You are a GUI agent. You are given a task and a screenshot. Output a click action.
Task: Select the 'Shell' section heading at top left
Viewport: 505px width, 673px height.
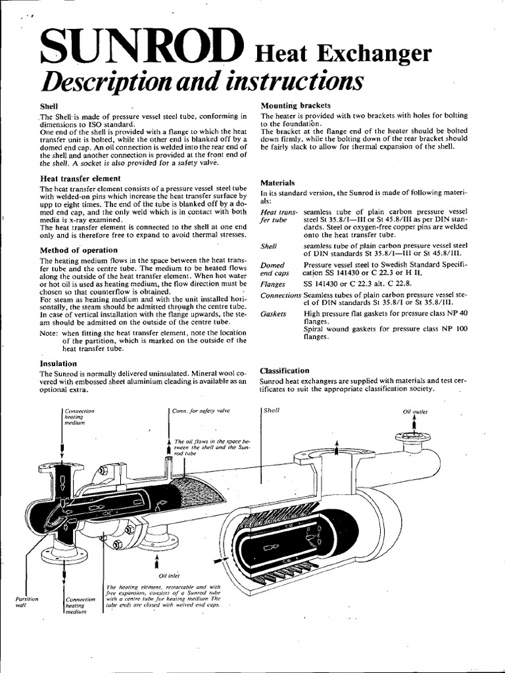[49, 106]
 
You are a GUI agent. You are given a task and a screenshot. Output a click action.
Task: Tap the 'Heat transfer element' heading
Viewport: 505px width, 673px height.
[80, 178]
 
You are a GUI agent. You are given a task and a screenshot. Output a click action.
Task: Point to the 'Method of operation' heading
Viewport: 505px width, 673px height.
[79, 250]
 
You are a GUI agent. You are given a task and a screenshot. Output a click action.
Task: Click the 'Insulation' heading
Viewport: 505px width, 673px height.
[59, 363]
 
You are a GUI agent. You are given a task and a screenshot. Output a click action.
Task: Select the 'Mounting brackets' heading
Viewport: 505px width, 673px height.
[295, 105]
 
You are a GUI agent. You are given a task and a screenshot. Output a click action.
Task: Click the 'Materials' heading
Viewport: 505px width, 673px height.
[277, 182]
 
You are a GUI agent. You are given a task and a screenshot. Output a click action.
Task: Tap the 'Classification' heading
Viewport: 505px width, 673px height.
[284, 371]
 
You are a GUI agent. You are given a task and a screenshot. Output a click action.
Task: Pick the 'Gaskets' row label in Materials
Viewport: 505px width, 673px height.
[274, 314]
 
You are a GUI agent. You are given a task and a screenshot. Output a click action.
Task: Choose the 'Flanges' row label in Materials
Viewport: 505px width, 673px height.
[274, 283]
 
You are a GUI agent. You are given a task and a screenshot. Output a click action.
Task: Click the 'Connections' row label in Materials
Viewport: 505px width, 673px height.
[281, 295]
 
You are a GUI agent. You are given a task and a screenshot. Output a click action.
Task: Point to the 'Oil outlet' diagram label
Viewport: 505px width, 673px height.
[416, 411]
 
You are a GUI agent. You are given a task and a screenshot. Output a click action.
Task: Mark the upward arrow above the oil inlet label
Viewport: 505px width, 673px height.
[156, 563]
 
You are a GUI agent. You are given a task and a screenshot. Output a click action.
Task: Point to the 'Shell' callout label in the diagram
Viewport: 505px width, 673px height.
[271, 410]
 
